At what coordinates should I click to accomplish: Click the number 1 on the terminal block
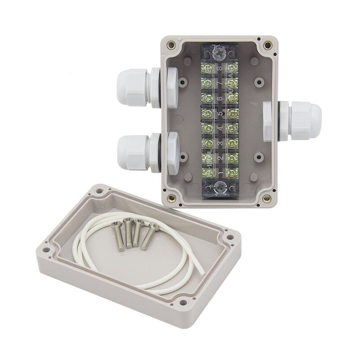(x=220, y=172)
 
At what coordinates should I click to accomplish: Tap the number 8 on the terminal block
(x=220, y=68)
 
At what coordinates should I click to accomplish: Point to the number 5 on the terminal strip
(x=220, y=113)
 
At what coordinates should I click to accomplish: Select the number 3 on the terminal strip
(x=220, y=143)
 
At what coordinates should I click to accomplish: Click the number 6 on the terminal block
(x=220, y=98)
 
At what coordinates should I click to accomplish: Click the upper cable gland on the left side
(x=133, y=87)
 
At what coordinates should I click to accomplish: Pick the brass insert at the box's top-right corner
(x=268, y=45)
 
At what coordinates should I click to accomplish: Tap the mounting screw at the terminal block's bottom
(x=220, y=189)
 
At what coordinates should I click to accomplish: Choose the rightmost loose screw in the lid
(x=149, y=235)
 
